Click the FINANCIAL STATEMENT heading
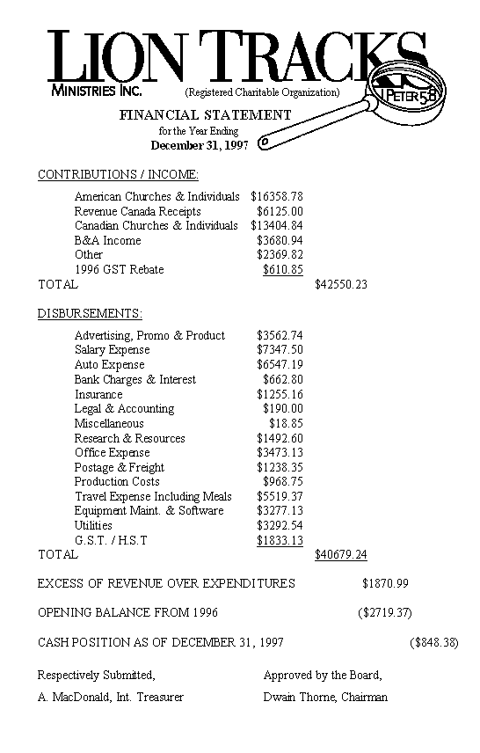coord(205,114)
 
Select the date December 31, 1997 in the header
coord(200,145)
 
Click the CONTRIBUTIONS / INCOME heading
coord(118,174)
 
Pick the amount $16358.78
coord(277,196)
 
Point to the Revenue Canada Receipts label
coord(137,211)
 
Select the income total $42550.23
coord(340,284)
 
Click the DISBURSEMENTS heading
coord(90,313)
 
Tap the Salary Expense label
coord(112,350)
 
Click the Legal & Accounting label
coord(124,408)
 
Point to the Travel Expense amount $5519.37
coord(280,496)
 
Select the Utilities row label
coord(93,525)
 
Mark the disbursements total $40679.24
coord(340,554)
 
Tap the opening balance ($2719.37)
coord(384,612)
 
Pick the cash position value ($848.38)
coord(434,642)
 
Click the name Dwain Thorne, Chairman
coord(325,698)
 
